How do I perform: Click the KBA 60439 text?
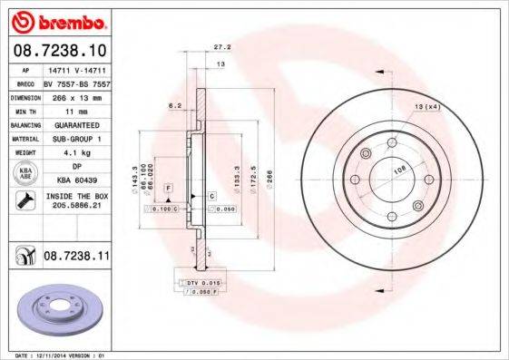(x=75, y=181)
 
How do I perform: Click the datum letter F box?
(x=168, y=186)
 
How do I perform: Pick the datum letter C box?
(x=210, y=196)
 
